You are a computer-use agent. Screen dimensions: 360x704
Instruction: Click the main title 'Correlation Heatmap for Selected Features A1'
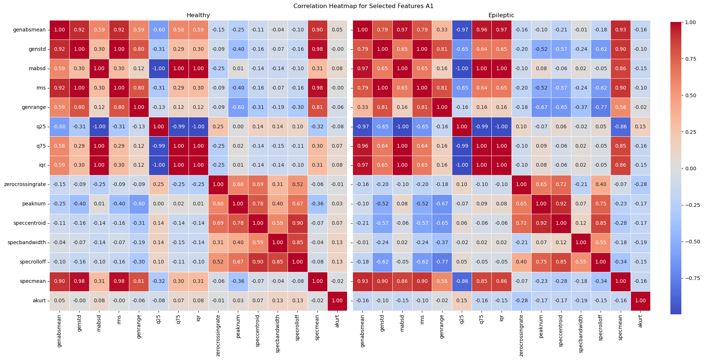click(x=363, y=6)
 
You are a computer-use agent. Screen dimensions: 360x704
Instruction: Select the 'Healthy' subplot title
click(x=198, y=15)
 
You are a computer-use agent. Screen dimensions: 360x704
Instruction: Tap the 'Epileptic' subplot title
click(x=501, y=15)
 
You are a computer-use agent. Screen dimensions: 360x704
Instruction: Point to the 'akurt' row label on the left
click(x=39, y=301)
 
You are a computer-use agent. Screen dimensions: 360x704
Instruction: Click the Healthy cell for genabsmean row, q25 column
click(x=159, y=30)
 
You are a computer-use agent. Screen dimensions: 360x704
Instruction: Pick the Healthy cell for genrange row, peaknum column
click(x=238, y=107)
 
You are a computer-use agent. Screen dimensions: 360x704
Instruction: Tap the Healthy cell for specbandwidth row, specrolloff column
click(x=297, y=243)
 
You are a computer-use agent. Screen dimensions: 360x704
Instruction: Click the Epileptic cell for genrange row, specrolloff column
click(x=601, y=107)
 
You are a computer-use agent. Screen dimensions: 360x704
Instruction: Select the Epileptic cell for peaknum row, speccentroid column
click(x=561, y=204)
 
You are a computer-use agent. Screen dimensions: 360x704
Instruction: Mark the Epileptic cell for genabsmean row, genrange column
click(x=442, y=30)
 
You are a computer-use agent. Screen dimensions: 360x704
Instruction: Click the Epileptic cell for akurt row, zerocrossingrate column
click(x=521, y=301)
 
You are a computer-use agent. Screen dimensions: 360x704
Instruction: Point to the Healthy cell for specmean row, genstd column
click(x=79, y=281)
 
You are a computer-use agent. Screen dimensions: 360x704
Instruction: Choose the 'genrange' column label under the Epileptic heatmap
click(x=442, y=328)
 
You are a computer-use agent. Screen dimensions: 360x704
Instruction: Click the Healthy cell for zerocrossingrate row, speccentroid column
click(x=258, y=185)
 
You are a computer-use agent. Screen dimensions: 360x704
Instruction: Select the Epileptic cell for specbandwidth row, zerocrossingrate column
click(x=521, y=243)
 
